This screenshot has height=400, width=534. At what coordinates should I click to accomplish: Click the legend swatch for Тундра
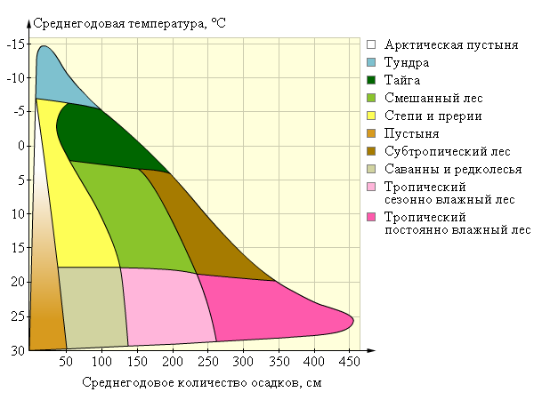[372, 62]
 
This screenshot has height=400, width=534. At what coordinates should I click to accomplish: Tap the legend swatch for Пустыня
[372, 133]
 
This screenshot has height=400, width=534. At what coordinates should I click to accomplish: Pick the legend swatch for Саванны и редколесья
[372, 169]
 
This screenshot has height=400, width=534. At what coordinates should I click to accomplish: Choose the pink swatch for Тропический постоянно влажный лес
[372, 217]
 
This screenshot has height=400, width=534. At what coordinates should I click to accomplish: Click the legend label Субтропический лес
[435, 151]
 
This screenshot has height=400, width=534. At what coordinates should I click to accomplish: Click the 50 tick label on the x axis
[66, 362]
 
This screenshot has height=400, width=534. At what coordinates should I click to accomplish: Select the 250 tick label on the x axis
[207, 362]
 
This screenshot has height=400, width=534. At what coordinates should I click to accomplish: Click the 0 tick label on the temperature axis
[22, 146]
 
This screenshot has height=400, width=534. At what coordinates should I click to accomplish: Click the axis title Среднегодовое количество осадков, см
[201, 383]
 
